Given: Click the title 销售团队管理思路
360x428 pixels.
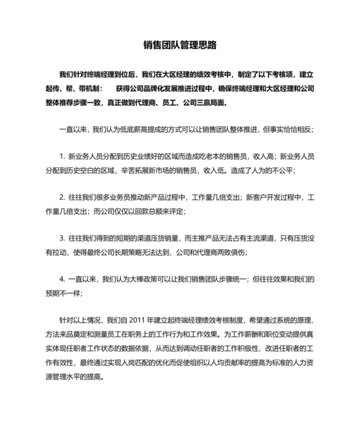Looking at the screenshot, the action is [x=180, y=45].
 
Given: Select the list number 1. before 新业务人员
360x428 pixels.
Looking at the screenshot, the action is [x=62, y=156].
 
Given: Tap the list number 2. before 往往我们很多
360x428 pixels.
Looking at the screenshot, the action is [x=62, y=197].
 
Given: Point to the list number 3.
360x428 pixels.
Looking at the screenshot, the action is [x=62, y=237].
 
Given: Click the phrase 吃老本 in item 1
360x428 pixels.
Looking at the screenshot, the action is [x=204, y=156].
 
